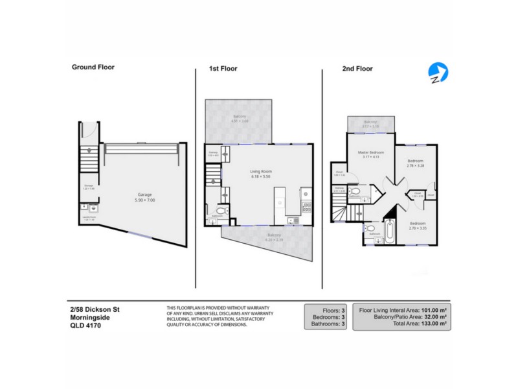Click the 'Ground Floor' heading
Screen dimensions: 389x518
pos(93,67)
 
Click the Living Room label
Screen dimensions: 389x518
pos(260,172)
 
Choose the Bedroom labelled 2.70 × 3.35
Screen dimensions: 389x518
pos(416,224)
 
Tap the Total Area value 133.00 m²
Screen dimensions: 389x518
pos(429,323)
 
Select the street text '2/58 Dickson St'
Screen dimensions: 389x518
pos(95,309)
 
